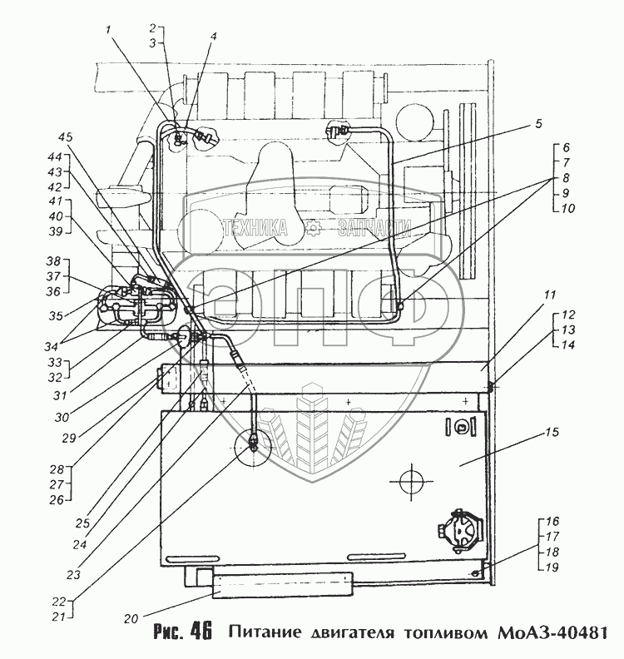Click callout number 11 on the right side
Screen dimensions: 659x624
550,295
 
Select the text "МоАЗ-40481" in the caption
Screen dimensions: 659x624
559,632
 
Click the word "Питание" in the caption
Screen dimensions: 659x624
266,632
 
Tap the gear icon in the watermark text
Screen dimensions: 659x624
311,227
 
